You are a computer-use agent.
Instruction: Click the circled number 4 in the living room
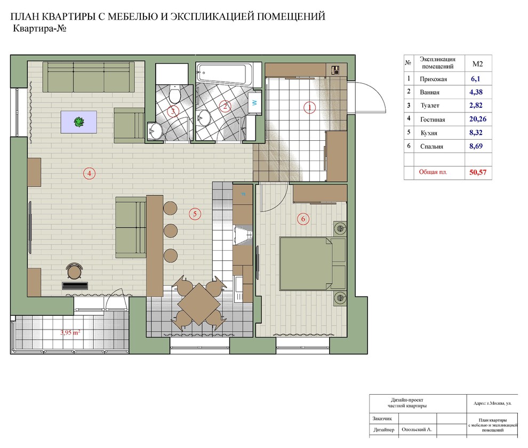tap(89, 173)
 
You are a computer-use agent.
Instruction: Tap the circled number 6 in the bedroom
tap(303, 219)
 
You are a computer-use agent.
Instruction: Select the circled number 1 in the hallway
tap(309, 107)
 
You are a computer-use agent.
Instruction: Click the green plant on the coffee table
tap(79, 122)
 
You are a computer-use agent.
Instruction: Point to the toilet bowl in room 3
tap(174, 94)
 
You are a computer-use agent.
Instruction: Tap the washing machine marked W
tap(254, 102)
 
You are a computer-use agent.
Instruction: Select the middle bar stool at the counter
tap(170, 231)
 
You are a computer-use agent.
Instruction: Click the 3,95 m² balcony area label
tap(70, 332)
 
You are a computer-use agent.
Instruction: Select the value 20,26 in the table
tap(478, 119)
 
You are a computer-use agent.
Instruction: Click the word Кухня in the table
tap(429, 133)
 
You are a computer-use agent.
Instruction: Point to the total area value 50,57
tap(478, 172)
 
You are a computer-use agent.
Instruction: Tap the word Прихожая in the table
tap(434, 79)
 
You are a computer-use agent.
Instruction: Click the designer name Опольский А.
tap(417, 429)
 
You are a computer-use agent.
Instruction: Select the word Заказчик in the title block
tap(382, 419)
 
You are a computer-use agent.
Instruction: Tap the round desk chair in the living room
tap(75, 271)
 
